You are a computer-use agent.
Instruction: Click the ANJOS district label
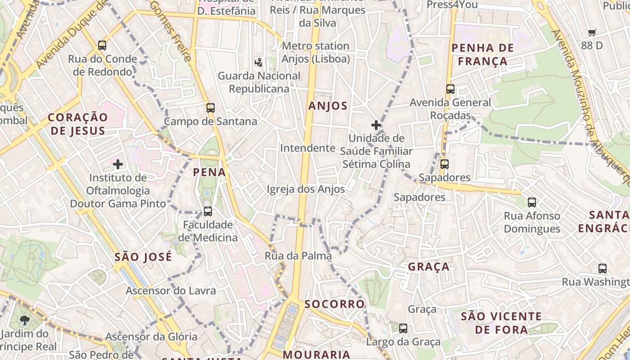tap(328, 106)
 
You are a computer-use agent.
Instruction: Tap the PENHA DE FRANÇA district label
tap(479, 54)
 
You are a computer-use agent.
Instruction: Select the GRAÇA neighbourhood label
tap(428, 267)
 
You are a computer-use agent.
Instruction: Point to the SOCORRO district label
tap(334, 304)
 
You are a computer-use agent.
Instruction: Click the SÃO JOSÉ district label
tap(143, 257)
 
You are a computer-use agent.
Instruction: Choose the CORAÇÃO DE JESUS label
tap(78, 124)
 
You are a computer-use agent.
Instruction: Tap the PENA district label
tap(209, 172)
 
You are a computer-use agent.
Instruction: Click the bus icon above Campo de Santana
tap(210, 108)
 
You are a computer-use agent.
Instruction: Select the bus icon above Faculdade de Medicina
tap(207, 211)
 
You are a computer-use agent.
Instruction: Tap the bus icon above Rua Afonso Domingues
tap(532, 202)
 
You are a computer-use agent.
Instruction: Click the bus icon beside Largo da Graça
tap(403, 328)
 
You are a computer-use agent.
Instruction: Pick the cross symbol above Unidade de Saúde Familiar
tap(376, 125)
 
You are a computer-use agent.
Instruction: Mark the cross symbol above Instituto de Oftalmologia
tap(118, 164)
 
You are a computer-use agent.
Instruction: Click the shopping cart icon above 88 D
tap(592, 32)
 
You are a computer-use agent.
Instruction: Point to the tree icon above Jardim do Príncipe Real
tap(25, 320)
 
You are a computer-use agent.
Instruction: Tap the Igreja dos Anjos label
tap(306, 189)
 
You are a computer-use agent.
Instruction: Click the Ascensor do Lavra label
tap(171, 291)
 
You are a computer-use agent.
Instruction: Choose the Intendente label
tap(308, 148)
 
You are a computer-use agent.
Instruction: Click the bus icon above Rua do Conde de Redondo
tap(102, 45)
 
